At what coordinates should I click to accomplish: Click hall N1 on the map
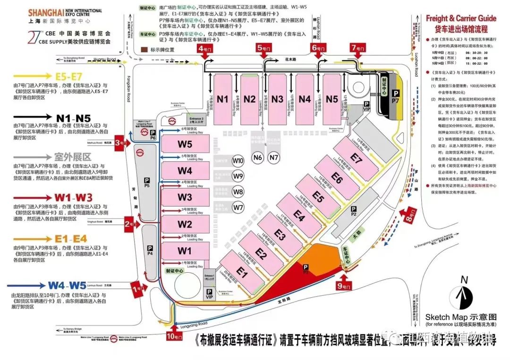(x=223, y=99)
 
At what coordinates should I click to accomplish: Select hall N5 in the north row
(x=332, y=99)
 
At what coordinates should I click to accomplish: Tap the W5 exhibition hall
(x=185, y=144)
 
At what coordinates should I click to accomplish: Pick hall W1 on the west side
(x=185, y=251)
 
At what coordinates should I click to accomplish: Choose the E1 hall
(x=242, y=272)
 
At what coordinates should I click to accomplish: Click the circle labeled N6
(x=257, y=158)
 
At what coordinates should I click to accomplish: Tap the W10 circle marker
(x=238, y=161)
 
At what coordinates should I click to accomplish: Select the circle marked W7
(x=238, y=207)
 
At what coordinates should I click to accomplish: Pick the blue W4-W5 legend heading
(x=66, y=285)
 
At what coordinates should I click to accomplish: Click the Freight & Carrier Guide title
(x=461, y=18)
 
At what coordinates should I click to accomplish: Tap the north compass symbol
(x=464, y=296)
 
